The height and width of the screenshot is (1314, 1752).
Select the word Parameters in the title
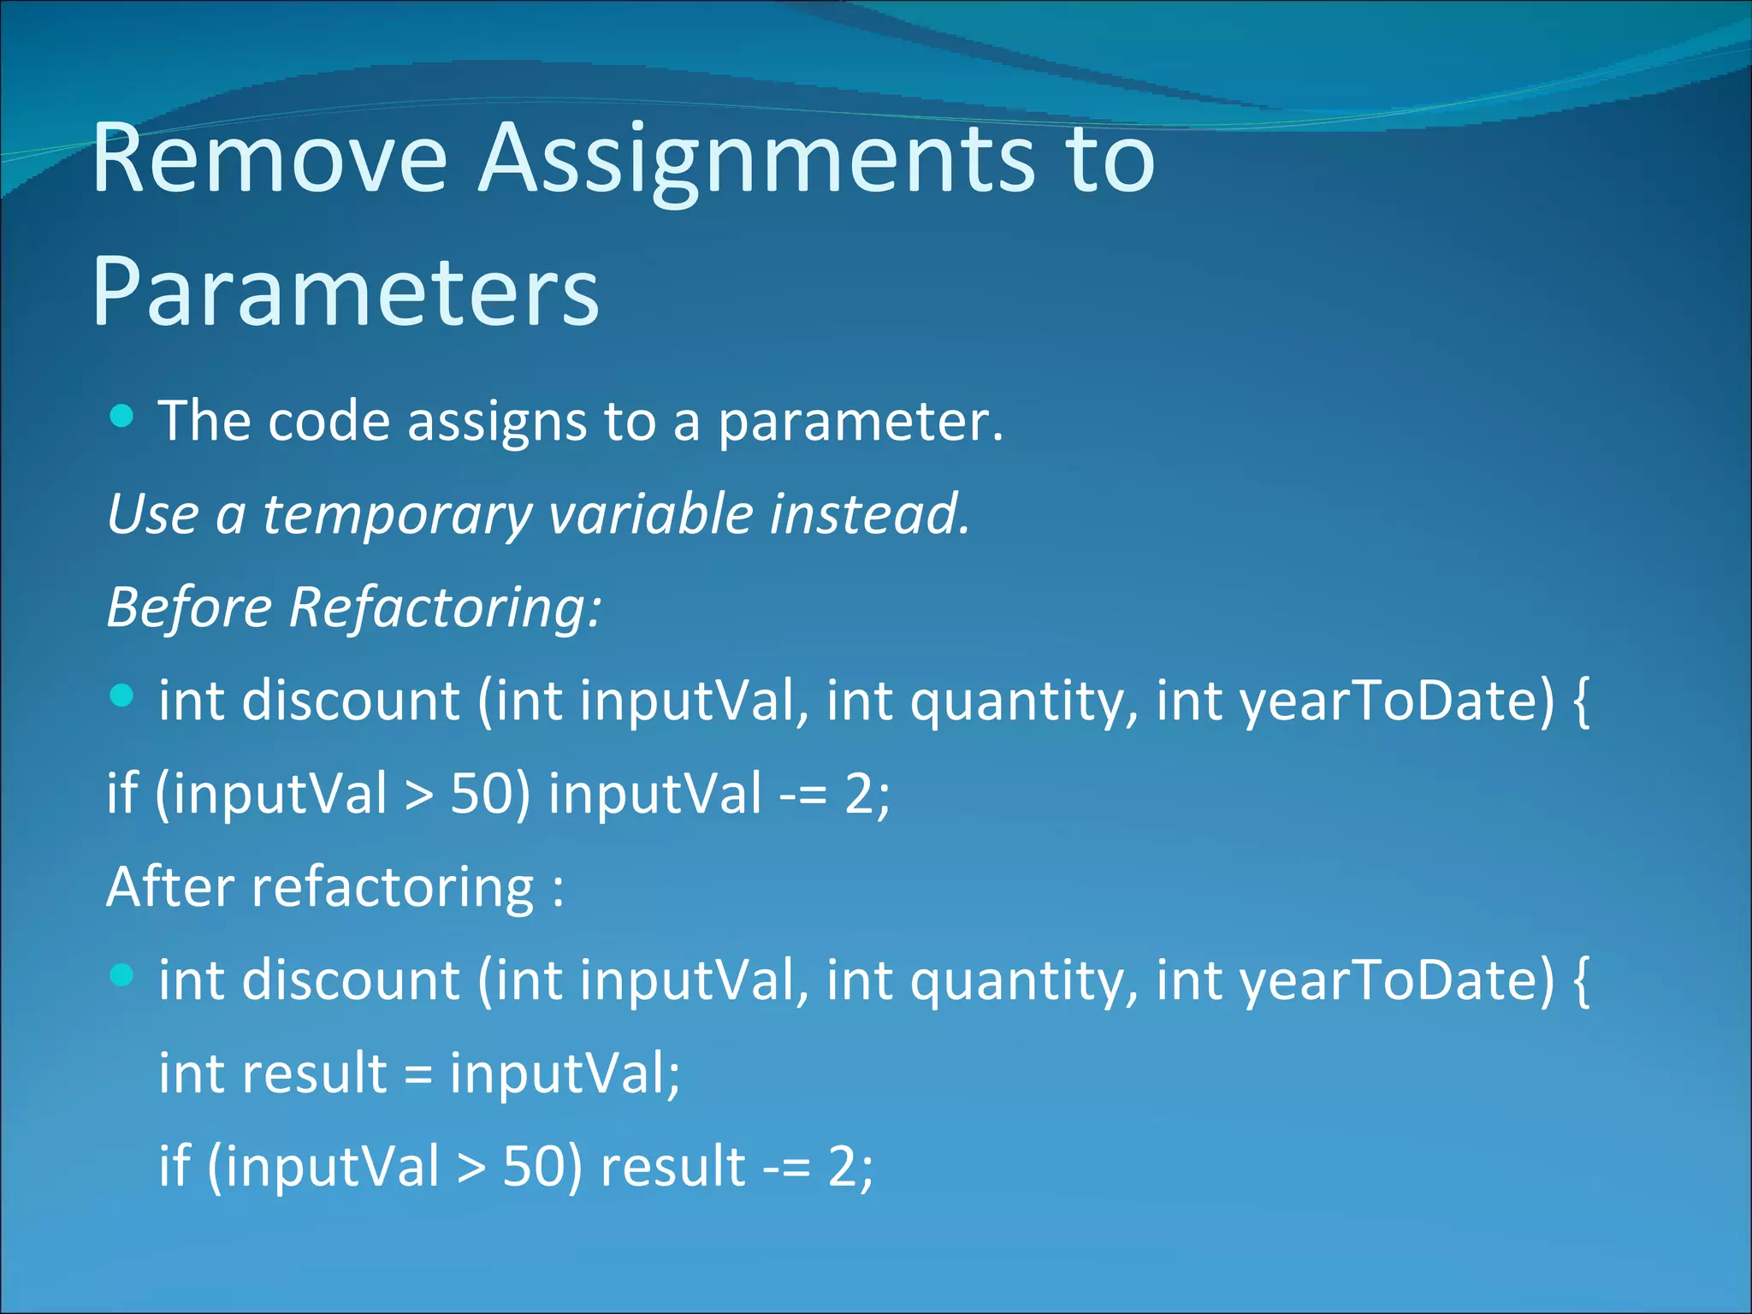[346, 293]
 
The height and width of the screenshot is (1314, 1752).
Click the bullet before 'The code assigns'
[122, 417]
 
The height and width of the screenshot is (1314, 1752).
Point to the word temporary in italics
[397, 514]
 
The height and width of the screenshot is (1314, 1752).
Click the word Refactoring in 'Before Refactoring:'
[445, 607]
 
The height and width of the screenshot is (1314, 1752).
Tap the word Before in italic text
[189, 607]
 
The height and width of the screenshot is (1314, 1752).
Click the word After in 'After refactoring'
[169, 886]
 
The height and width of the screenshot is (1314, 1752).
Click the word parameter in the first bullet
[859, 422]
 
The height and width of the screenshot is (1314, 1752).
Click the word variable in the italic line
[650, 514]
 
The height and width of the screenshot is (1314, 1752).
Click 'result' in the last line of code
[672, 1166]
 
